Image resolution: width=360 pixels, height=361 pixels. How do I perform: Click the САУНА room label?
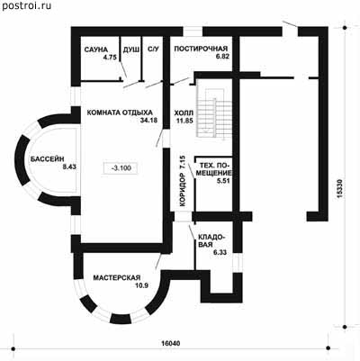95,50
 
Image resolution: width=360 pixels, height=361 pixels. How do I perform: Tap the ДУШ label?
131,50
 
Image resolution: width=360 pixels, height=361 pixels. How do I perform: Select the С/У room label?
153,50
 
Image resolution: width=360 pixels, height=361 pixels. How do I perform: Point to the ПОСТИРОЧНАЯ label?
201,49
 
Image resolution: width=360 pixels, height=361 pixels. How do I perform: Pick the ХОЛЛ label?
184,113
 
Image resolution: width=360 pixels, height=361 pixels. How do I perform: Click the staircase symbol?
214,113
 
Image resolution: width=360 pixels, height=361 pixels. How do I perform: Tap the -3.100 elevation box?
121,167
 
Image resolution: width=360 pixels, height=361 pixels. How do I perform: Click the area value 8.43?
69,167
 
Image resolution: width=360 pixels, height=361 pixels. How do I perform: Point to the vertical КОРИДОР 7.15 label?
182,181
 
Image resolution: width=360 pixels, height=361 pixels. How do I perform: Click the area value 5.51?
223,181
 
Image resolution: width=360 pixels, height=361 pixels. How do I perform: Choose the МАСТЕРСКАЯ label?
117,278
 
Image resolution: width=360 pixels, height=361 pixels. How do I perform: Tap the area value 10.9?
141,285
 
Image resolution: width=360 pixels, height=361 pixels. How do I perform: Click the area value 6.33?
220,252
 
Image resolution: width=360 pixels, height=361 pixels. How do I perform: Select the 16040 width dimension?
171,343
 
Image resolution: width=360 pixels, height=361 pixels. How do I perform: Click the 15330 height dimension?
339,189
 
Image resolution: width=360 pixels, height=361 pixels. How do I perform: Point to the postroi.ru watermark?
27,5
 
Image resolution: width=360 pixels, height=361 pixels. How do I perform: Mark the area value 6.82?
222,57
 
